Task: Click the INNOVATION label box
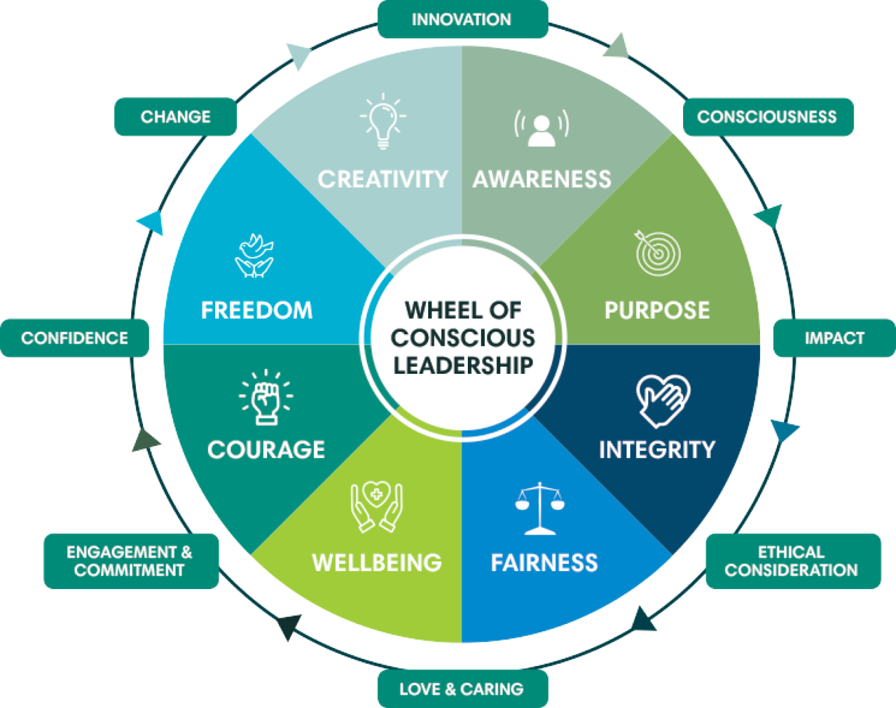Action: point(463,19)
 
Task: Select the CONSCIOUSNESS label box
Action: point(768,117)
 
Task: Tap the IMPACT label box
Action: point(834,338)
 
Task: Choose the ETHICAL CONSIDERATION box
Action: point(792,561)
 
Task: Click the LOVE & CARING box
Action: point(463,689)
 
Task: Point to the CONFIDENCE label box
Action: point(75,338)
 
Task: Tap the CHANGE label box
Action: point(176,117)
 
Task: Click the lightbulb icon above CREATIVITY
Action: point(383,121)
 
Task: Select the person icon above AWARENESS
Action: point(541,128)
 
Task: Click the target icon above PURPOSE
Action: point(657,253)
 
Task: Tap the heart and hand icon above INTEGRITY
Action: point(662,400)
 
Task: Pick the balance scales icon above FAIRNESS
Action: point(540,508)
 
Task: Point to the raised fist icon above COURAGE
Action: point(266,397)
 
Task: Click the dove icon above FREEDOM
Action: point(254,256)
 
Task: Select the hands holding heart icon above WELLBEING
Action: point(377,506)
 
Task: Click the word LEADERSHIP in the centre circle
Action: point(463,366)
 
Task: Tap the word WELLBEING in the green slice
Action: point(377,563)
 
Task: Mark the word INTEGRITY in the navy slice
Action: point(657,450)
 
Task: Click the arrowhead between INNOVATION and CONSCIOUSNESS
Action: point(617,47)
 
